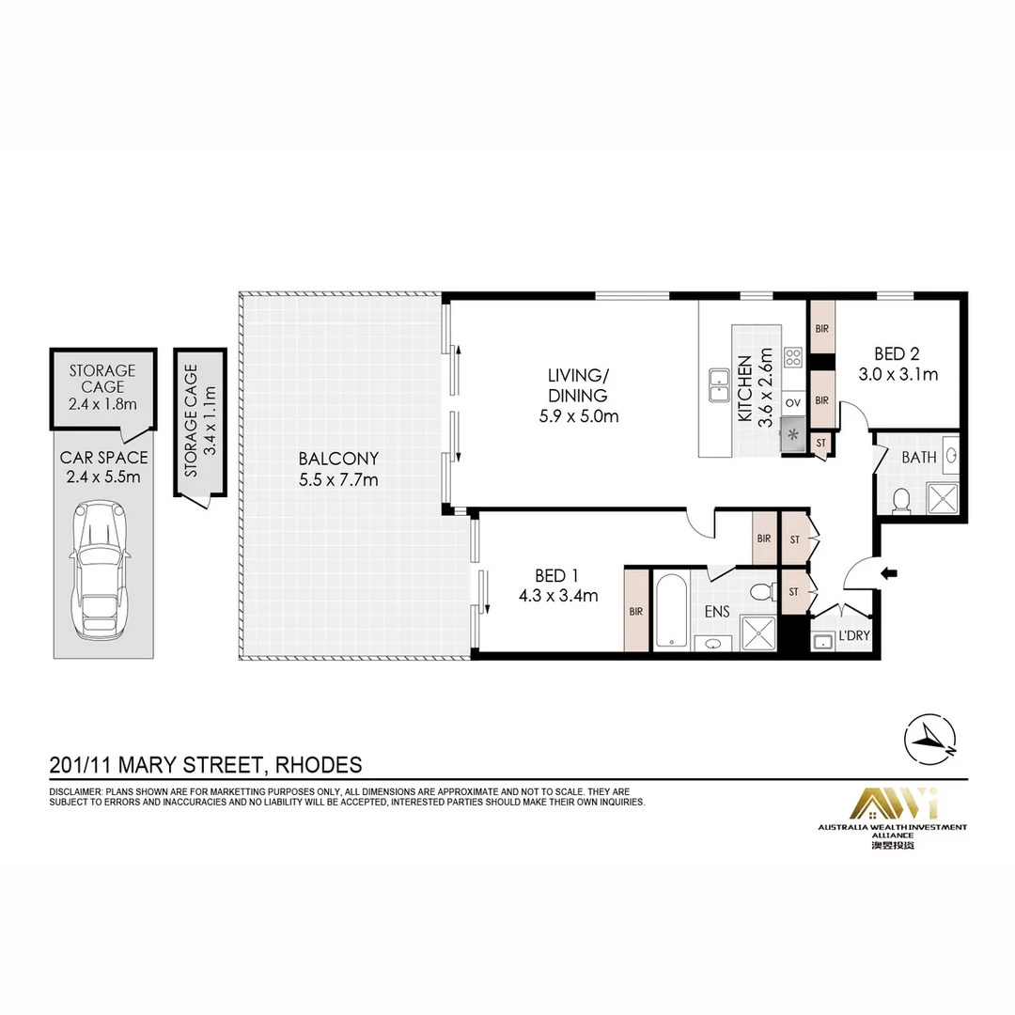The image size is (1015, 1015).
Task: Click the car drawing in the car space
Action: [x=101, y=570]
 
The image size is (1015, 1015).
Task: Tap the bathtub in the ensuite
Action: [x=671, y=610]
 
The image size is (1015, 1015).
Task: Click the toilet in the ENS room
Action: [x=764, y=590]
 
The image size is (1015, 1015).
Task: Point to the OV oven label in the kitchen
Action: [x=793, y=402]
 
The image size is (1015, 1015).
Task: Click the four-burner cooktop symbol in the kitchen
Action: [x=793, y=357]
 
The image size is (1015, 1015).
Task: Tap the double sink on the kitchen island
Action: [x=719, y=386]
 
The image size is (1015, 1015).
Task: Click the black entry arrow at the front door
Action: [x=889, y=573]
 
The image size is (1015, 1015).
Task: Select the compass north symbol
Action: [x=930, y=740]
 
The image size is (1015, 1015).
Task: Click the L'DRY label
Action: [x=853, y=635]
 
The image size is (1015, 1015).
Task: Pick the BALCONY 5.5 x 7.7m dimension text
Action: [x=338, y=479]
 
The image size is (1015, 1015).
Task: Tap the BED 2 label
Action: [x=897, y=353]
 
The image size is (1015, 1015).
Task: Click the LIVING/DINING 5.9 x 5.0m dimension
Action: [x=579, y=415]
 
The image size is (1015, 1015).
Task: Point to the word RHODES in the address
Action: [x=319, y=765]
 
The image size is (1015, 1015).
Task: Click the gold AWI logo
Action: [x=893, y=804]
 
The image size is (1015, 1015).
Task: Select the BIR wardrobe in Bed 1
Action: [x=635, y=611]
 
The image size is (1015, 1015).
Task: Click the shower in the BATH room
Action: [x=942, y=498]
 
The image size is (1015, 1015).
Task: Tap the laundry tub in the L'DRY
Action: [x=822, y=642]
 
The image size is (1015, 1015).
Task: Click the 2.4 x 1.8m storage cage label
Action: [x=102, y=404]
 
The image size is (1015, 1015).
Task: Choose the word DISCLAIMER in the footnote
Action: [x=74, y=791]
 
